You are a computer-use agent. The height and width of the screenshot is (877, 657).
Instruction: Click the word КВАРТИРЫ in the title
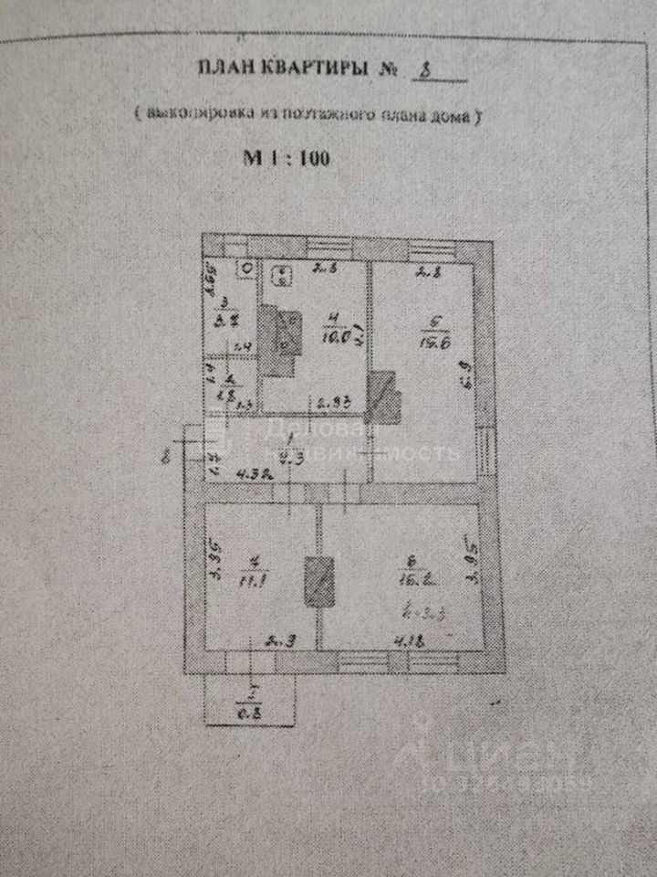click(309, 70)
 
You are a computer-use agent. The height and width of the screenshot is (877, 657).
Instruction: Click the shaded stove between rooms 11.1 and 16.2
click(319, 581)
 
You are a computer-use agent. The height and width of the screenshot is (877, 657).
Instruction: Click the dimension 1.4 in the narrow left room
click(243, 347)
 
